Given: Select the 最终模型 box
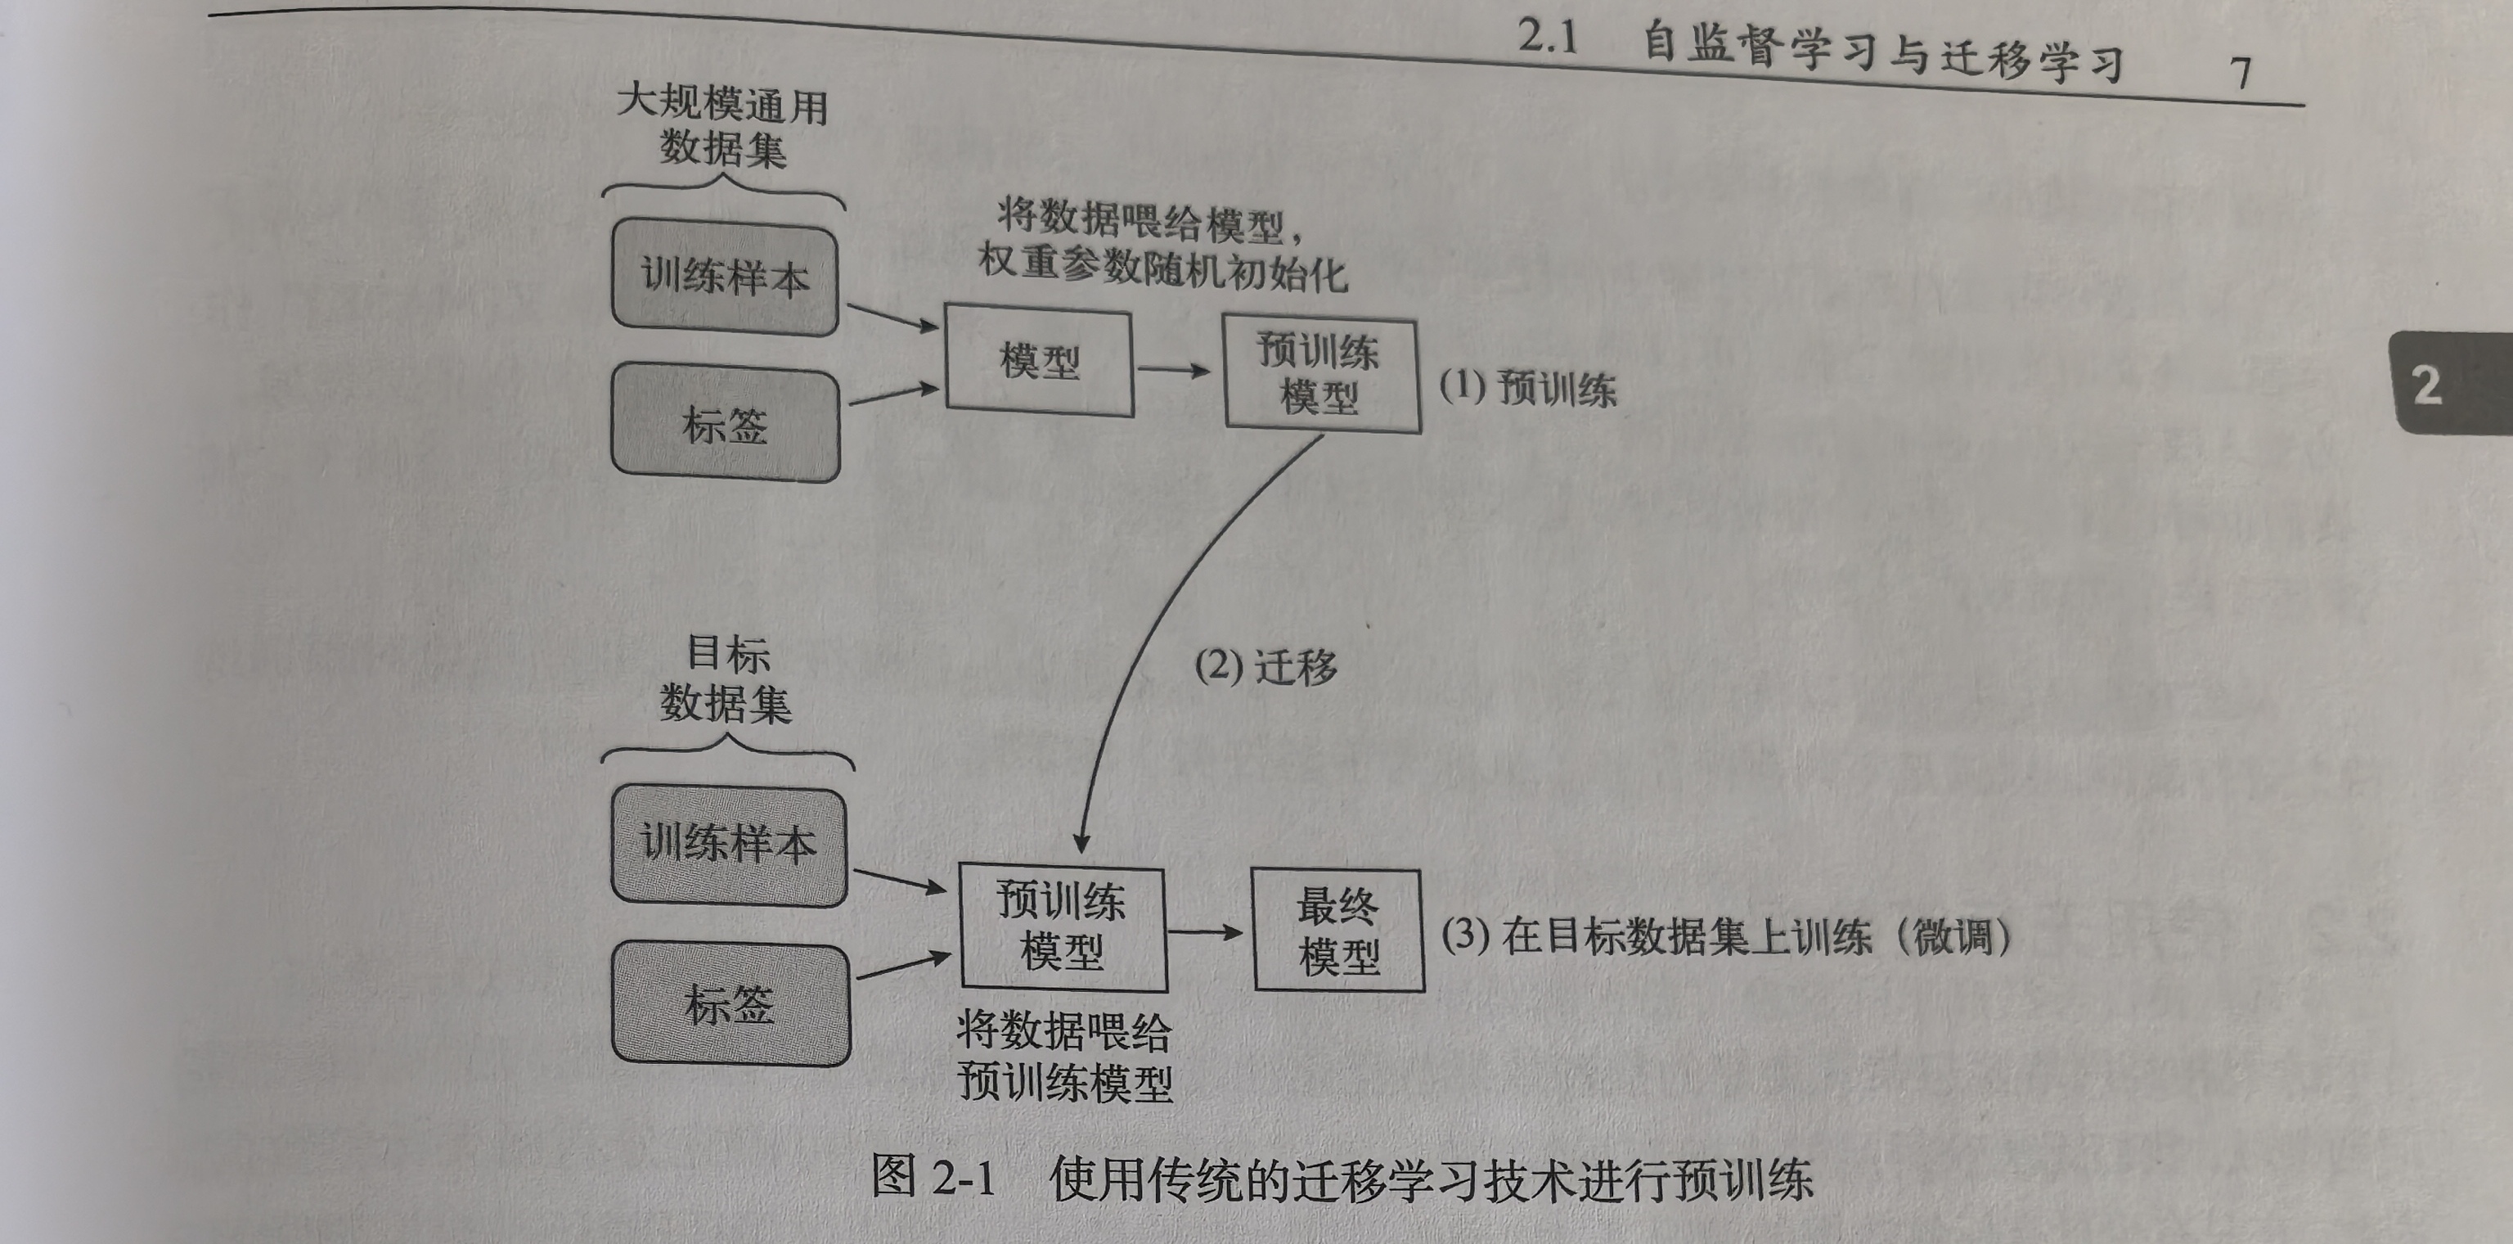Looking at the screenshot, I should [1337, 931].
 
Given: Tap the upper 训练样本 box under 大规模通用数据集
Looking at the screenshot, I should [725, 278].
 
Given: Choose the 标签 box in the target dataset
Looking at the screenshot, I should [731, 1004].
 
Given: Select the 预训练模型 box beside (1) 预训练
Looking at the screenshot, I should [1321, 375].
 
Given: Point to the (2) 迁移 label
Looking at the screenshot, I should [1265, 667].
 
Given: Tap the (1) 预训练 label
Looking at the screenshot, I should [1528, 388].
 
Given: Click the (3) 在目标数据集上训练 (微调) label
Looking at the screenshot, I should [1724, 936].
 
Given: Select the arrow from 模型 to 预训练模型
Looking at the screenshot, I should [1175, 370].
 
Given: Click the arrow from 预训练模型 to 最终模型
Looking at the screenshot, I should [1206, 932].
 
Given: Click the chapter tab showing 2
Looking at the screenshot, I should [2439, 385].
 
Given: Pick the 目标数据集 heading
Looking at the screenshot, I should [726, 679].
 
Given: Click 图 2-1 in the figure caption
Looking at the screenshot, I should [933, 1176].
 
